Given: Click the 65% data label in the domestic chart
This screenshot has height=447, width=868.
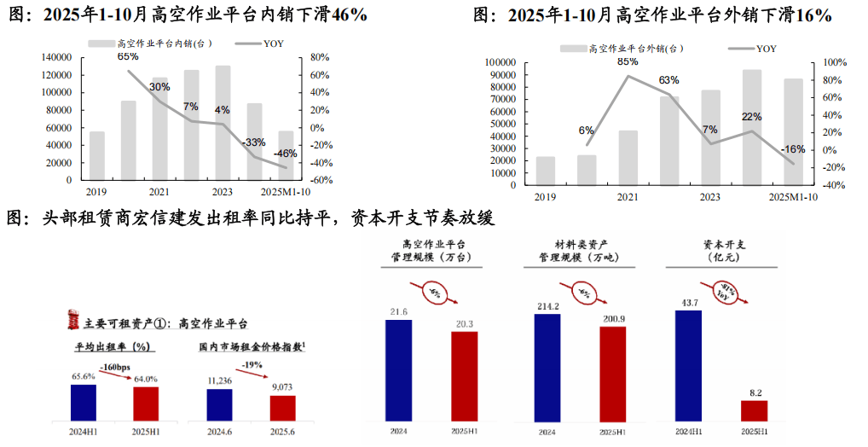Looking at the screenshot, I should [x=128, y=56].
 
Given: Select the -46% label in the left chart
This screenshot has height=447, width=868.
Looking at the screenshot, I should [x=286, y=154].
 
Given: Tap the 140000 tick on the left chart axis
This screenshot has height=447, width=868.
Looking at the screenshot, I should [x=55, y=57].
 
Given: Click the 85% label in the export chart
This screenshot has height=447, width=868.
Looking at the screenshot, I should [x=628, y=61].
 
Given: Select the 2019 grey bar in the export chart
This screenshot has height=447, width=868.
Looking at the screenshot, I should [x=545, y=171].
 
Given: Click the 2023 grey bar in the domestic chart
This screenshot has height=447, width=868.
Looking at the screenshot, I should [x=223, y=123].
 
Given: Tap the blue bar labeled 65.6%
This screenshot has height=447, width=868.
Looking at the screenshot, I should [x=83, y=403].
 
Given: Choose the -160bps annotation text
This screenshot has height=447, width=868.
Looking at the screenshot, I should [x=113, y=367].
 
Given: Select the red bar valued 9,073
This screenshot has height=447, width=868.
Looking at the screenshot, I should [x=282, y=408].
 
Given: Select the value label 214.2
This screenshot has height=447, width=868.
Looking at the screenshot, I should [x=547, y=306].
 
